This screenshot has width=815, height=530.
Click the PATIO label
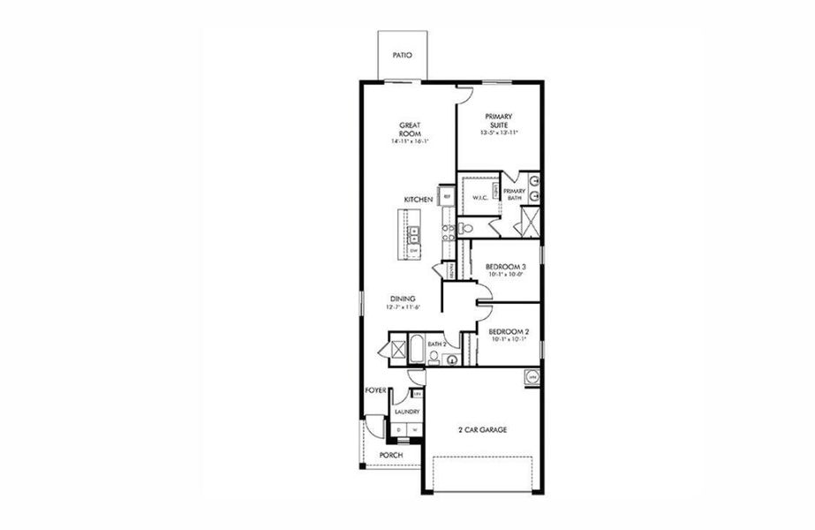pos(402,55)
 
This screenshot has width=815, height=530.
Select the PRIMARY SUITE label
pos(499,121)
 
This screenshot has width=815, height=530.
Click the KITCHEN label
pos(418,201)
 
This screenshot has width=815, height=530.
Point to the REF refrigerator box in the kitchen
pos(447,196)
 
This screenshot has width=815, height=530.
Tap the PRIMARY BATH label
pos(515,195)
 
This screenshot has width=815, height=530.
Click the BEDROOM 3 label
pos(508,267)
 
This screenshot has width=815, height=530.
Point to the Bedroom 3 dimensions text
pos(508,275)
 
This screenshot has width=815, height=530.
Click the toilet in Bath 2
pos(434,358)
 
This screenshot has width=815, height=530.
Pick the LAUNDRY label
pos(407,412)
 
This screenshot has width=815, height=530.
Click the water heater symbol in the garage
pos(532,377)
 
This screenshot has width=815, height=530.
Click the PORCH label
pos(390,456)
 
